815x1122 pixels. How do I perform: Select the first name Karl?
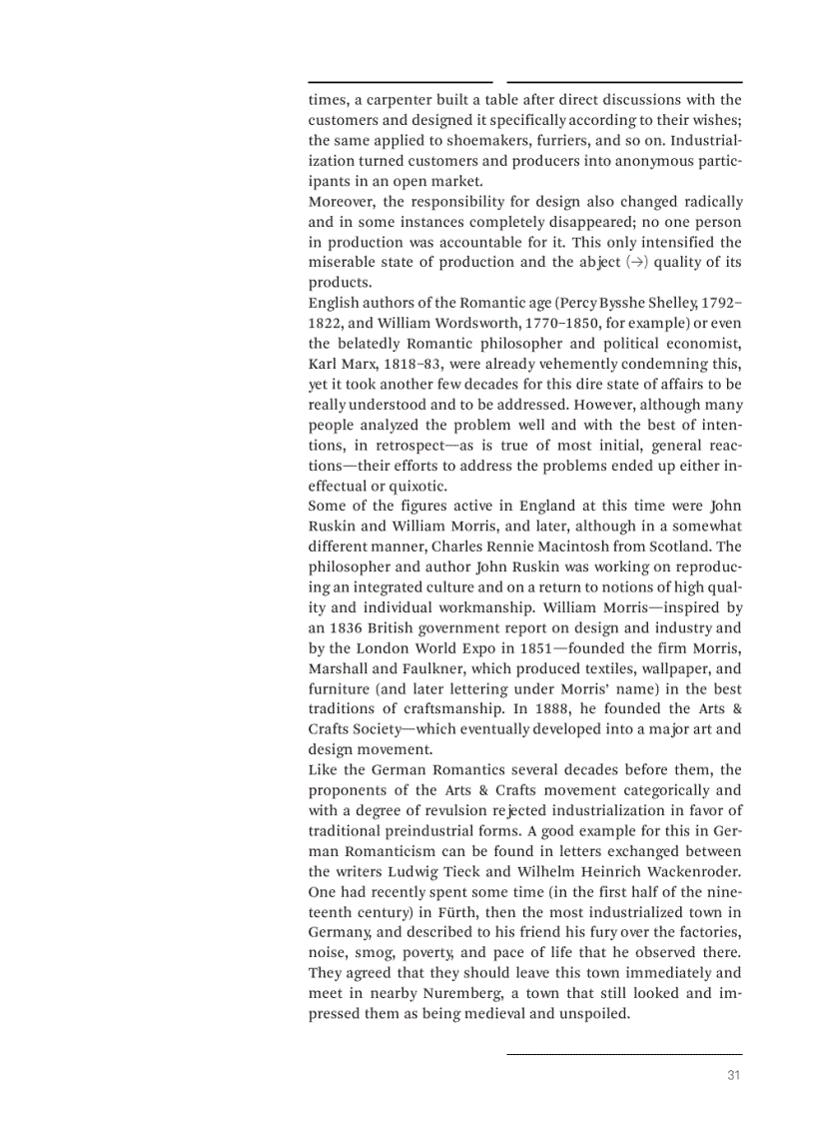324,365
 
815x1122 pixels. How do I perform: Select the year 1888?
551,709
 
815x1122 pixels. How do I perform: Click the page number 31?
733,1076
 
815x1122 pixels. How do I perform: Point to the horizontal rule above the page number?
624,1053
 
